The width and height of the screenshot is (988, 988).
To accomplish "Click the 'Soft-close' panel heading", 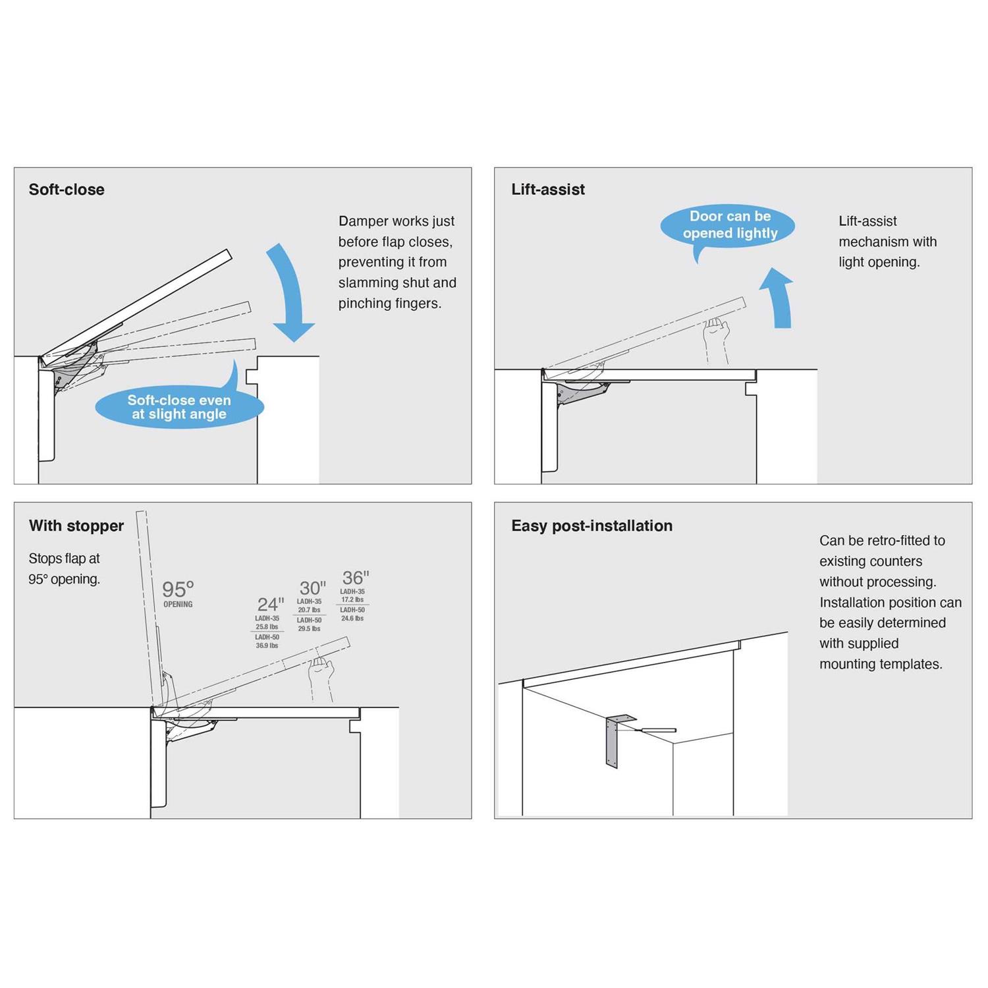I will (67, 190).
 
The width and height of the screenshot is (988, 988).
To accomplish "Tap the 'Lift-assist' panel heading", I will (548, 190).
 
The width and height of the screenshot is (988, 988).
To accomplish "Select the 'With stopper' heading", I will (76, 526).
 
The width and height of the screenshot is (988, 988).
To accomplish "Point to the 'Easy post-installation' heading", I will (591, 526).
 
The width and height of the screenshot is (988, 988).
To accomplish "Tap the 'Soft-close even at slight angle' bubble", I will (179, 407).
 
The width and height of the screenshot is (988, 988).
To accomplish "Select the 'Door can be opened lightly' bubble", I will (729, 225).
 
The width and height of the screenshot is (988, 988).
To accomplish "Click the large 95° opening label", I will (178, 589).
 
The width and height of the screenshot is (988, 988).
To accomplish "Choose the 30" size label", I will (312, 588).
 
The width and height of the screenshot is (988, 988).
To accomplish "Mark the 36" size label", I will (356, 578).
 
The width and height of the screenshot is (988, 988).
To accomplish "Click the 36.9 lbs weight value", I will (267, 645).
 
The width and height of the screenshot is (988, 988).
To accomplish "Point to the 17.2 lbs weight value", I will (352, 600).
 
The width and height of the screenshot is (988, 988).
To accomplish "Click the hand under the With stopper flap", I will (321, 671).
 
